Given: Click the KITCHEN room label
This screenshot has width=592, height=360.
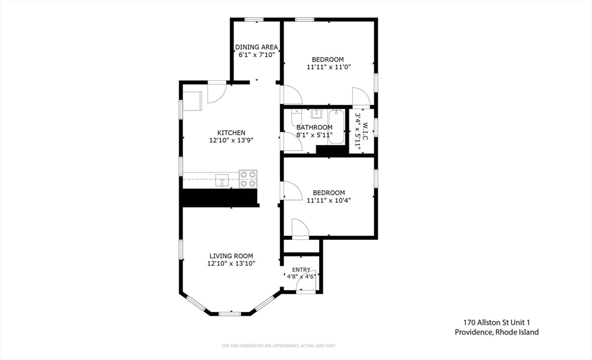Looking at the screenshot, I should (x=231, y=132).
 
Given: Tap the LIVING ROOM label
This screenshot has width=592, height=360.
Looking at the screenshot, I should (x=231, y=255).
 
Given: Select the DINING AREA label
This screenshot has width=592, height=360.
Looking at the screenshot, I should (x=257, y=47).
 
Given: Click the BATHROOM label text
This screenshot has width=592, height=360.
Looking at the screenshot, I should (x=314, y=127).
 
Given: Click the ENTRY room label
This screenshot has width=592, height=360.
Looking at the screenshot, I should (x=301, y=269).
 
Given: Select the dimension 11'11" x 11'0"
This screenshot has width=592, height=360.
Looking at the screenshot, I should (x=328, y=67).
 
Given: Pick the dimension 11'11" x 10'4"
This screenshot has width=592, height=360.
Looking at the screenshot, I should (x=328, y=201).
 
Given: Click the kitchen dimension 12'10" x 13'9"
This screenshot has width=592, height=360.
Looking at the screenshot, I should (x=231, y=140).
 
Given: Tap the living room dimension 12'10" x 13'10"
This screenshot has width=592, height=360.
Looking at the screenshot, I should (x=231, y=263).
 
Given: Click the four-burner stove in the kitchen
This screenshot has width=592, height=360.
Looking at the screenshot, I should (x=249, y=179).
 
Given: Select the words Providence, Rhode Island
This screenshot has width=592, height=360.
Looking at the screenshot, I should (x=496, y=332).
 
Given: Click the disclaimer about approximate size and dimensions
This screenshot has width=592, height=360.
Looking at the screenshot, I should (x=279, y=346).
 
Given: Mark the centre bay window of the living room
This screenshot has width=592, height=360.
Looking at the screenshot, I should (x=230, y=314).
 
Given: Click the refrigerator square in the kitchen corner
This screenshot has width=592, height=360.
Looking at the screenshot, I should (x=193, y=99).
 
